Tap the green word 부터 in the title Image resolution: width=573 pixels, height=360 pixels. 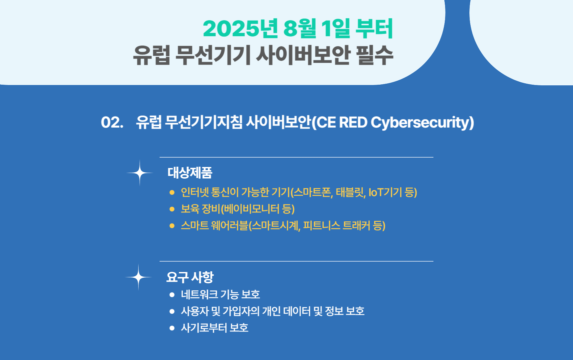pos(374,28)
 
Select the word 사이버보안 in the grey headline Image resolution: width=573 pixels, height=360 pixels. pos(303,55)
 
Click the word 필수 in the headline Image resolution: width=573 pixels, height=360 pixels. pos(375,55)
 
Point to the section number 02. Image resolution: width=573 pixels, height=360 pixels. pos(112,123)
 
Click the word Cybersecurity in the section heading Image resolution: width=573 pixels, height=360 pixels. pos(422,123)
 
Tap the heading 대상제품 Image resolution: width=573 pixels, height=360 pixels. pos(190,173)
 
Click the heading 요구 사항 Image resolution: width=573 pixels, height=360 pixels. pos(190,277)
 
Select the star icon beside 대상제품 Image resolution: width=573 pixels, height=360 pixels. pos(140,173)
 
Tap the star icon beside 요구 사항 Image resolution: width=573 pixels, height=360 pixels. pos(138,277)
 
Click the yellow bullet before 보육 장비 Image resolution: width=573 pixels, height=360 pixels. pos(172,209)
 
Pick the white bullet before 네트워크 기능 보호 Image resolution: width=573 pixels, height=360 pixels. pos(172,294)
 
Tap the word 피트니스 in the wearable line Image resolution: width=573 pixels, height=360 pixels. pos(322,226)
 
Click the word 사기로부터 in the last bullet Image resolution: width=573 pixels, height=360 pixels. pos(204,328)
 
